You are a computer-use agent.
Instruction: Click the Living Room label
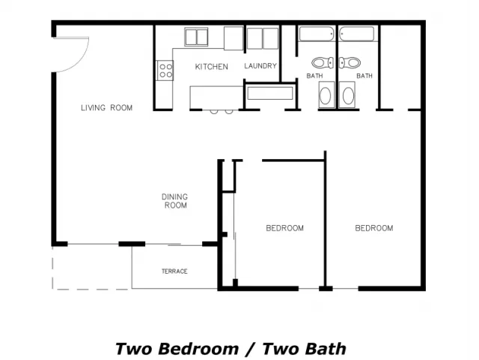click(106, 108)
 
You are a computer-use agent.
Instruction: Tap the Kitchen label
click(211, 67)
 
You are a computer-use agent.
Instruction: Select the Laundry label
click(260, 66)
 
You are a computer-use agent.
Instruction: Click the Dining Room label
click(174, 201)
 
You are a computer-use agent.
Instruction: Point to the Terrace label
click(174, 271)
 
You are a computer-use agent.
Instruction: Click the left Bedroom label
click(284, 228)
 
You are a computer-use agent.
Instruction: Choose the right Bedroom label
click(374, 228)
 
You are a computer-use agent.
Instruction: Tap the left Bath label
click(314, 76)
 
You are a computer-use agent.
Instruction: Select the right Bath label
click(364, 76)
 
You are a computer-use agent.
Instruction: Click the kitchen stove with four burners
click(165, 70)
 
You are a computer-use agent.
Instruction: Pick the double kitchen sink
click(196, 37)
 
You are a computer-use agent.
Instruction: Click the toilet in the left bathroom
click(323, 63)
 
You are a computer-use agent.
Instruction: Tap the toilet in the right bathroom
click(350, 63)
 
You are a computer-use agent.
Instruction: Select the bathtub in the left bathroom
click(317, 34)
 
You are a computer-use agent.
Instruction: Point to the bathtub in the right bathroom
click(356, 34)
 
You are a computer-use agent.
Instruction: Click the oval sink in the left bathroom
click(326, 95)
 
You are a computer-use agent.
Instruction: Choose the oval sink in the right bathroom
click(347, 95)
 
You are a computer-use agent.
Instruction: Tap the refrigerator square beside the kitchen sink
click(234, 38)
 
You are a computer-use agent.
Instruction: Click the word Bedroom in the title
click(198, 349)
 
